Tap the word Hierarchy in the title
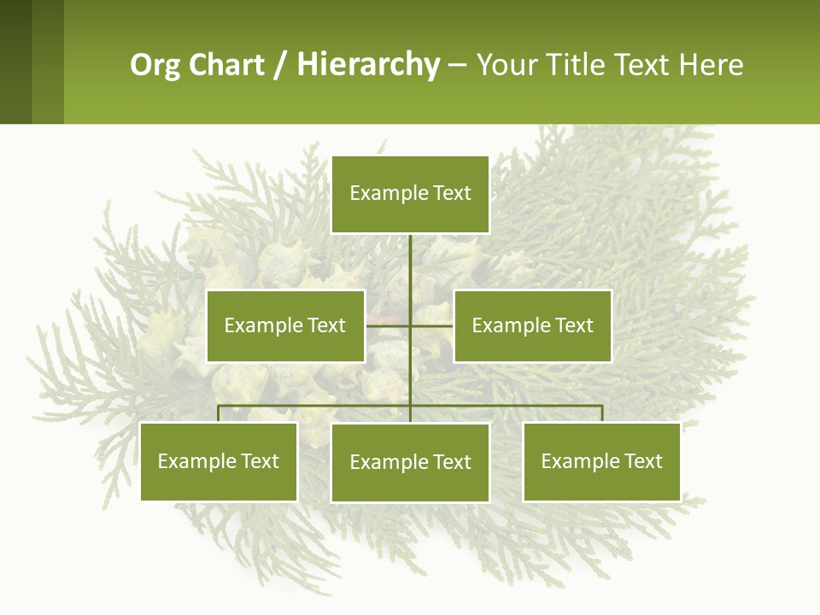pos(367,65)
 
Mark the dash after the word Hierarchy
pos(457,66)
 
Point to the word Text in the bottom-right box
pos(642,461)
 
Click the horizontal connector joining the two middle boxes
pos(431,325)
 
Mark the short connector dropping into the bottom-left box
pos(219,413)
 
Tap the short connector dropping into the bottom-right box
pos(601,413)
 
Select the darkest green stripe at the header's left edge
pos(15,61)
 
